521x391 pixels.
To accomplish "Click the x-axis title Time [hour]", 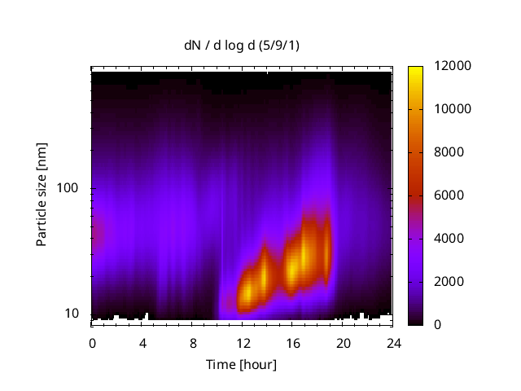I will tap(241, 364).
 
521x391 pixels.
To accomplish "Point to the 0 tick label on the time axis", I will tap(92, 342).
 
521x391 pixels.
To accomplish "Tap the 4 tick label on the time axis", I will tap(142, 342).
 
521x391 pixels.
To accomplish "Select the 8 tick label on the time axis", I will tap(193, 342).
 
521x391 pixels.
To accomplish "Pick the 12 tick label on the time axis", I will tap(243, 342).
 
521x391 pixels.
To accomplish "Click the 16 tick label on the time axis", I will tap(293, 342).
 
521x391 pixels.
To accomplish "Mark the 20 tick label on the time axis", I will tap(344, 342).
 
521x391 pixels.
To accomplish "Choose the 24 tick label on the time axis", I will tap(393, 342).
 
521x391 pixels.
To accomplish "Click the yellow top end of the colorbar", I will tap(415, 68).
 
